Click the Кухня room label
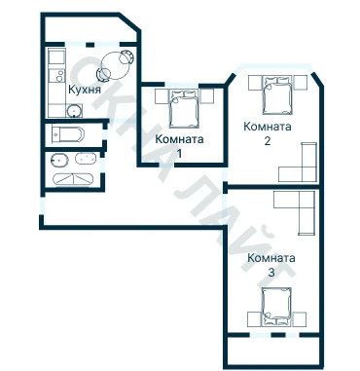[85, 90]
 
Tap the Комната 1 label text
[179, 146]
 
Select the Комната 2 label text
[268, 133]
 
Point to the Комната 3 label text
[271, 265]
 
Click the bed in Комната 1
[184, 109]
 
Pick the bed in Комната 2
[276, 95]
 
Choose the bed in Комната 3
[276, 307]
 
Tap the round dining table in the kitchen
[116, 65]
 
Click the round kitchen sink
[74, 111]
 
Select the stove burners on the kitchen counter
[59, 76]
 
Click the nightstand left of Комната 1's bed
[162, 96]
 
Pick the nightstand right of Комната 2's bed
[301, 83]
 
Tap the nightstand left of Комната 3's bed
[254, 319]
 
